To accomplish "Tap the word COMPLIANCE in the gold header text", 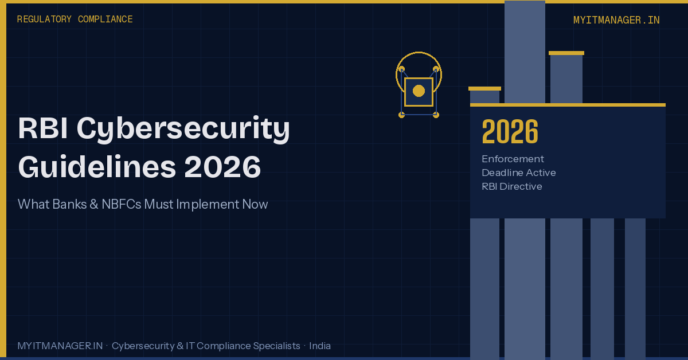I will [x=105, y=19].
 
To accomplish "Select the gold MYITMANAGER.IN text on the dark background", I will [x=616, y=20].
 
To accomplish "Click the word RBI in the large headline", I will [x=43, y=129].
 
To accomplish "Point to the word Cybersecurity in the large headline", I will [x=183, y=129].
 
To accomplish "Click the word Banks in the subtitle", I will [x=71, y=204].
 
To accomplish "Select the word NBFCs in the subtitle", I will [x=121, y=204].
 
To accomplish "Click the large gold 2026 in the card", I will [x=510, y=132].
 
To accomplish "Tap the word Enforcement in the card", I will [x=513, y=159].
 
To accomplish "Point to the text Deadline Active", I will [x=518, y=173].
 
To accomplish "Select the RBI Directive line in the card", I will [x=511, y=186].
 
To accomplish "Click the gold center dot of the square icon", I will [x=419, y=91].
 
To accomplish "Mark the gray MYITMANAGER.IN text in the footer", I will [x=60, y=346].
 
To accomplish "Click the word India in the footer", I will [x=320, y=346].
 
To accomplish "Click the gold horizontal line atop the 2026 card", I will [x=568, y=105].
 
